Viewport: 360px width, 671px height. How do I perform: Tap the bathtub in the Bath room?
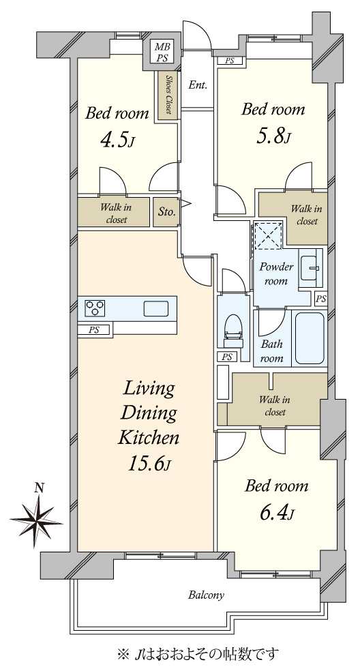tap(310, 338)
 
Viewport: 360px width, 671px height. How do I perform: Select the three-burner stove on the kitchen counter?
tap(95, 308)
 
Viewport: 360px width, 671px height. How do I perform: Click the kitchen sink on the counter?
tap(156, 308)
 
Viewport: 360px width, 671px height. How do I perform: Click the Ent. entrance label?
tap(198, 85)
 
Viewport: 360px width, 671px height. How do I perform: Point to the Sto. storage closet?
tap(166, 211)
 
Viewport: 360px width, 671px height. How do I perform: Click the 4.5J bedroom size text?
tap(117, 140)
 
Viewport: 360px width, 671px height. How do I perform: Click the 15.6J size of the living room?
tap(149, 464)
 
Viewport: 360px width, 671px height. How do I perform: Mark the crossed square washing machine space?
tap(267, 236)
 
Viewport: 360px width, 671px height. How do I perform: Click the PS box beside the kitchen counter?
tap(94, 329)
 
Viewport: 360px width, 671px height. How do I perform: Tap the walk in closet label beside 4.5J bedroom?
tap(116, 213)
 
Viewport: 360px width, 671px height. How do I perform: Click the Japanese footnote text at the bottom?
tap(197, 653)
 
